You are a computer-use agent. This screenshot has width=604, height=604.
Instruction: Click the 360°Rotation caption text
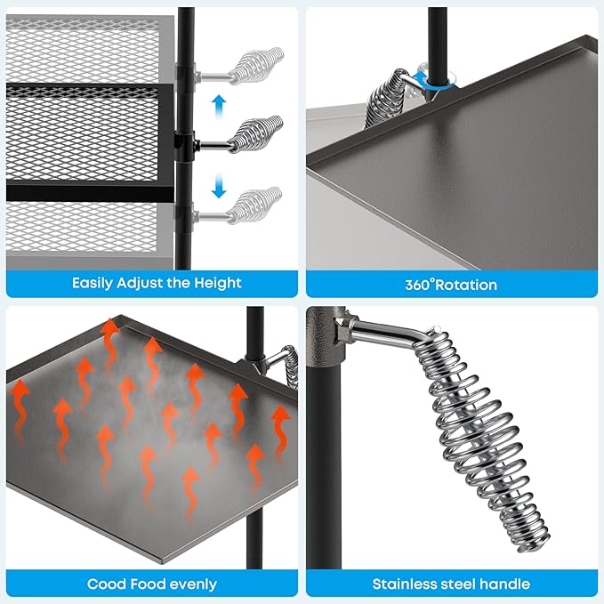[x=452, y=285]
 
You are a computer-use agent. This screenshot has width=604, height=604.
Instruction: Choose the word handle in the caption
[x=505, y=584]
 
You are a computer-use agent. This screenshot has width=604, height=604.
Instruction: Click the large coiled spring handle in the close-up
[x=480, y=427]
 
